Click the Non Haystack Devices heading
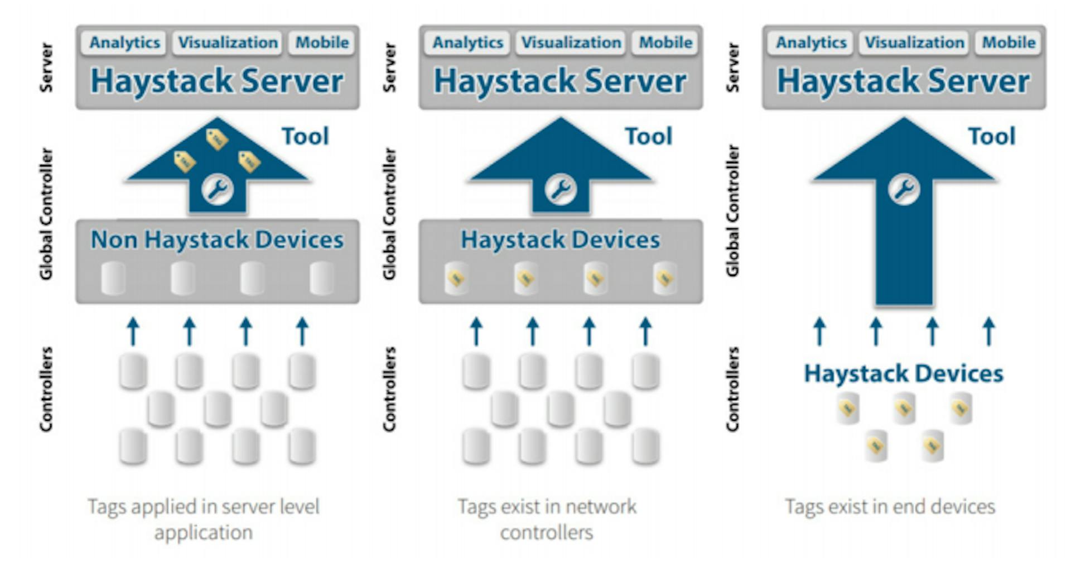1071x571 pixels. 217,239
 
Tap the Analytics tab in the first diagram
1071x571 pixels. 124,43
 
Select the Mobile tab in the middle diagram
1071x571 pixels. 665,43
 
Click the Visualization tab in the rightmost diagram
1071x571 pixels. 914,43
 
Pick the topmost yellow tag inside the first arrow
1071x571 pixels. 216,139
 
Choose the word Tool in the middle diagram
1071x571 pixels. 648,136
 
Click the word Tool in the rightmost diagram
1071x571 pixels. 991,136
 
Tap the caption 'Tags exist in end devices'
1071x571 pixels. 890,506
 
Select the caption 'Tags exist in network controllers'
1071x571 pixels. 547,519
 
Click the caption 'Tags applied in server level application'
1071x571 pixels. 204,519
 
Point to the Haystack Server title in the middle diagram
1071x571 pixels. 560,81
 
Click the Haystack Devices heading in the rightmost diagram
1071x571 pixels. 903,373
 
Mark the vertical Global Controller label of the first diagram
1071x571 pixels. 46,213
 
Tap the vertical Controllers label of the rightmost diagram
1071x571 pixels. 732,389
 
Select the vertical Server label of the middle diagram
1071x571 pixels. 389,68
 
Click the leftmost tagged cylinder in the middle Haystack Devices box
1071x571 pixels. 456,278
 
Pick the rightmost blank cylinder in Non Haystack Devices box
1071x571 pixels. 322,278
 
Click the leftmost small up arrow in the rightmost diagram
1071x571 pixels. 819,332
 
